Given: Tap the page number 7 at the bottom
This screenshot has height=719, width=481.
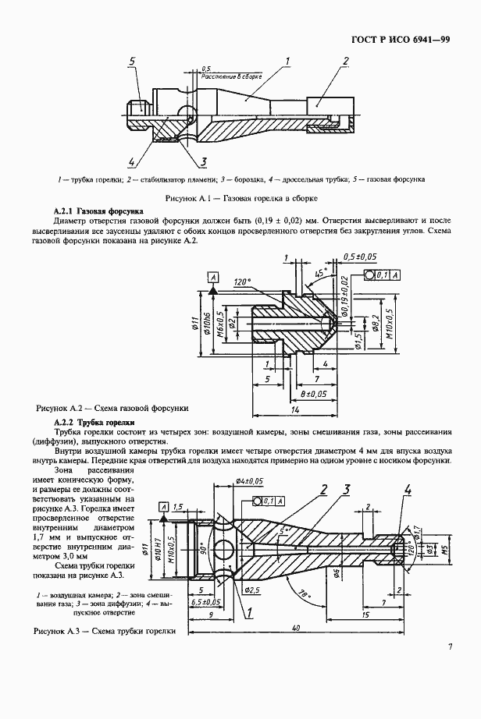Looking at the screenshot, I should click(x=451, y=646).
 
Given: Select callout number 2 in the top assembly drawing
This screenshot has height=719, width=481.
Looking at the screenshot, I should click(x=345, y=61).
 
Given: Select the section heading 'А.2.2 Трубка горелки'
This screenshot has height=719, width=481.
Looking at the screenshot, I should click(x=97, y=420).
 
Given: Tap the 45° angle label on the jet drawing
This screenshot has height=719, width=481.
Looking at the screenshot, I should click(x=319, y=274).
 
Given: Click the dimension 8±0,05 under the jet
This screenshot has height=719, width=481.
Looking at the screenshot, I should click(x=312, y=394).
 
